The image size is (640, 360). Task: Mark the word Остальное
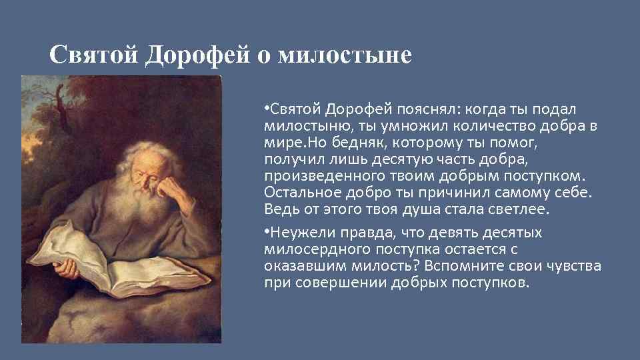300,193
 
